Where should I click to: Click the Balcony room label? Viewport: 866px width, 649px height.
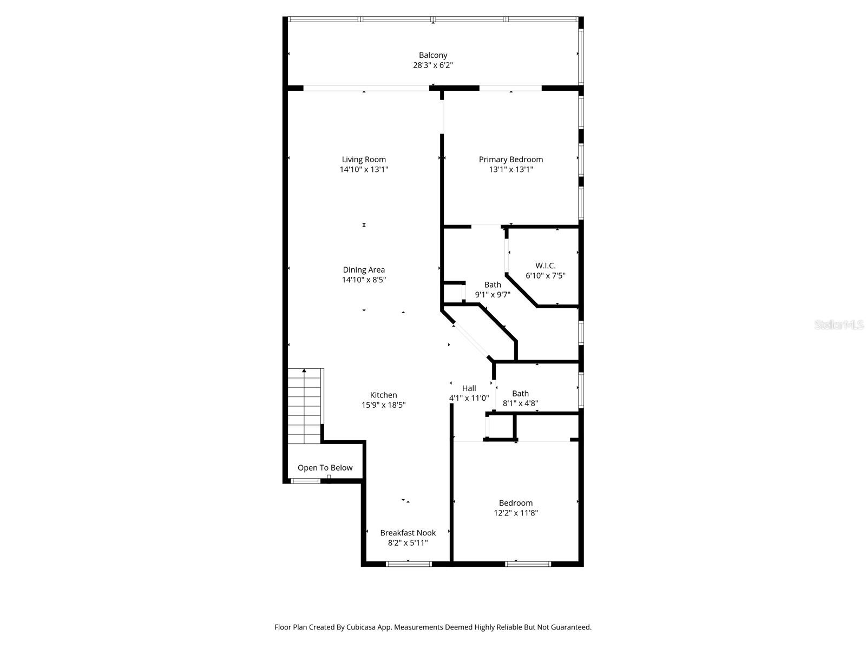tap(433, 55)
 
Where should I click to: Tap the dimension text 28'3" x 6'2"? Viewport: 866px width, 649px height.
tap(433, 65)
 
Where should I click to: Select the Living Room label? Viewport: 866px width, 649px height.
tap(364, 160)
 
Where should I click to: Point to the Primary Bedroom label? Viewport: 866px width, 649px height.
tap(510, 160)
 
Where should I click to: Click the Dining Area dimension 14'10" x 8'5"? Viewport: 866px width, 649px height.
tap(364, 280)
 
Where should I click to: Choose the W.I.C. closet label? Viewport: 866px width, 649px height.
tap(545, 266)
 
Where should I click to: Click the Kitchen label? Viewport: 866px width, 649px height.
tap(383, 395)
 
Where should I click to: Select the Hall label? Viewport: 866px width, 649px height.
tap(469, 388)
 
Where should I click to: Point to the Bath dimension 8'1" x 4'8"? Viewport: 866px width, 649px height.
tap(520, 403)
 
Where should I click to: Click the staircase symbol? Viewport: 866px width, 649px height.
tap(305, 406)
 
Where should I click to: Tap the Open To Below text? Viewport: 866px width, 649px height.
tap(325, 468)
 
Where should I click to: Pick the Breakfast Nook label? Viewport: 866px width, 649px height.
tap(408, 533)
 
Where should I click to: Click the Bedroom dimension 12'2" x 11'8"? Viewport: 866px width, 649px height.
tap(515, 513)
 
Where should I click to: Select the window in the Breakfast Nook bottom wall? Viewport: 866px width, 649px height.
tap(409, 564)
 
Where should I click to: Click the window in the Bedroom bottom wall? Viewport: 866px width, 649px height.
tap(528, 564)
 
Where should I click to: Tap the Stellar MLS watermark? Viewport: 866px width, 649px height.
tap(839, 325)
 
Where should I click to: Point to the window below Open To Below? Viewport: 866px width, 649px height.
tap(305, 481)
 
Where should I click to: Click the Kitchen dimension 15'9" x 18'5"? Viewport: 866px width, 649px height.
tap(383, 405)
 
